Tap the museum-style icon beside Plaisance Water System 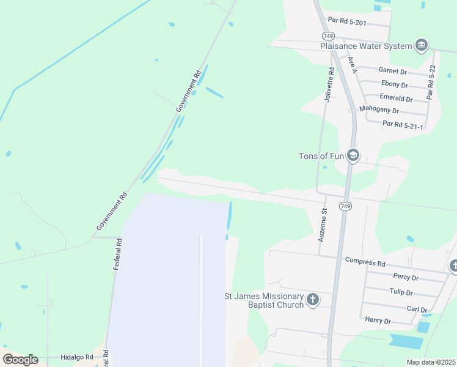(421, 45)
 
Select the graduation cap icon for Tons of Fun (353, 155)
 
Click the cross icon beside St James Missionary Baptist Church (313, 299)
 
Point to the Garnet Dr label (392, 71)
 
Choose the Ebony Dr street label (394, 84)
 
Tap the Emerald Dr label (395, 98)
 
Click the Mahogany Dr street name (379, 111)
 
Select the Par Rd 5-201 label (346, 21)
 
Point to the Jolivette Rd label (331, 85)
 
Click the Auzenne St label (323, 224)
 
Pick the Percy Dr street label (406, 277)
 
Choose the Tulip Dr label (402, 292)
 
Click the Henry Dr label (377, 319)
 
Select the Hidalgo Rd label (76, 357)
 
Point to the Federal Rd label (118, 254)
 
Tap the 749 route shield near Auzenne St (345, 207)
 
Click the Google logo (20, 360)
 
